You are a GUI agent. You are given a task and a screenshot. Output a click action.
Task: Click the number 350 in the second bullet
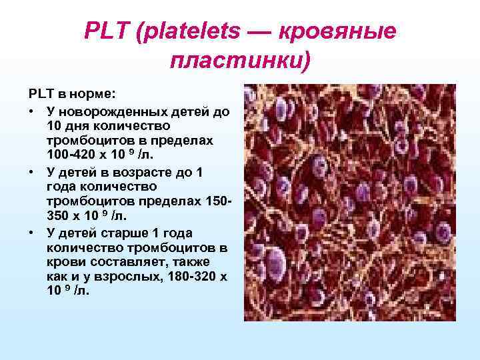(58, 217)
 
